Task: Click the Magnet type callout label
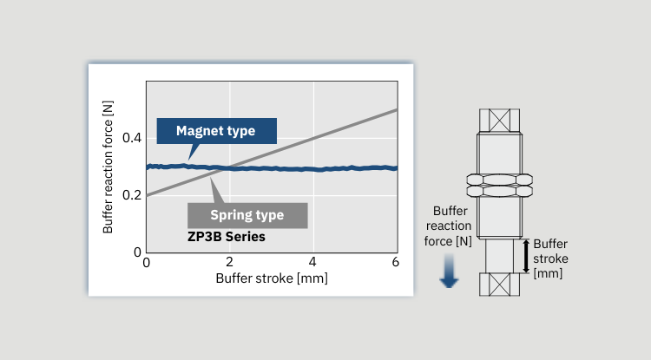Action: [x=216, y=131]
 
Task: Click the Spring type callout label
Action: [x=247, y=215]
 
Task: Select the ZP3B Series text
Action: [x=227, y=237]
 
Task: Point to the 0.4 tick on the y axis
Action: [x=132, y=138]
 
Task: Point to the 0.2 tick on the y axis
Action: [x=132, y=195]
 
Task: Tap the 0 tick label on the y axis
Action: [x=137, y=252]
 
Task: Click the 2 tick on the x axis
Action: [x=229, y=262]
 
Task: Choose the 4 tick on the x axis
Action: [x=312, y=262]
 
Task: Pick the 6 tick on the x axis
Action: [x=395, y=262]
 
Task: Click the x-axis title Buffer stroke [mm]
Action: [x=272, y=278]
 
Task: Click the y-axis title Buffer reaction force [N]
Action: [x=108, y=167]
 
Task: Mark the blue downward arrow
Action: [x=449, y=272]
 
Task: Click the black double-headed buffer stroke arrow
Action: [x=526, y=256]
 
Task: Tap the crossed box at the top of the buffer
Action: [x=499, y=121]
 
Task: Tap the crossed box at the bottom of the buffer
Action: [x=499, y=285]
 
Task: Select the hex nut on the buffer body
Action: [x=499, y=186]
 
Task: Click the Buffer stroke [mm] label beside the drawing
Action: [x=550, y=259]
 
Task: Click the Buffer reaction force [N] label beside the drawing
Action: [x=449, y=226]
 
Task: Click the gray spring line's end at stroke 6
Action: [x=398, y=109]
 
